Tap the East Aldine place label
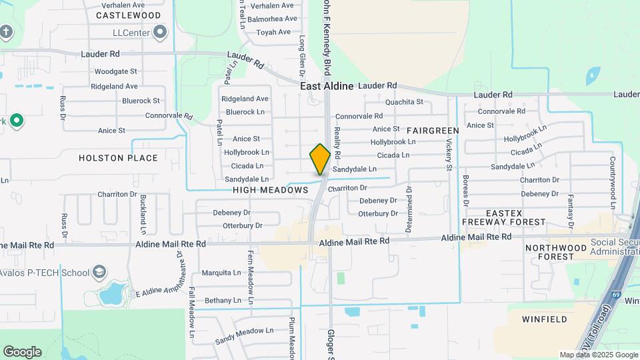327,86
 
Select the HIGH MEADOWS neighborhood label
271,190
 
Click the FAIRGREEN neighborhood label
433,130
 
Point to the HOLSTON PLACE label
118,158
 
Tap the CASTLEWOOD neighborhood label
128,15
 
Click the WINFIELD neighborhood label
545,319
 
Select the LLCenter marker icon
160,31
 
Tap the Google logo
22,351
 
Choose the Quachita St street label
405,102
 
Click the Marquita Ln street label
221,273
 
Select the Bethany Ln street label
218,301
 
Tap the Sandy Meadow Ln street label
244,335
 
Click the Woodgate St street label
115,71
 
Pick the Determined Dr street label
409,209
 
